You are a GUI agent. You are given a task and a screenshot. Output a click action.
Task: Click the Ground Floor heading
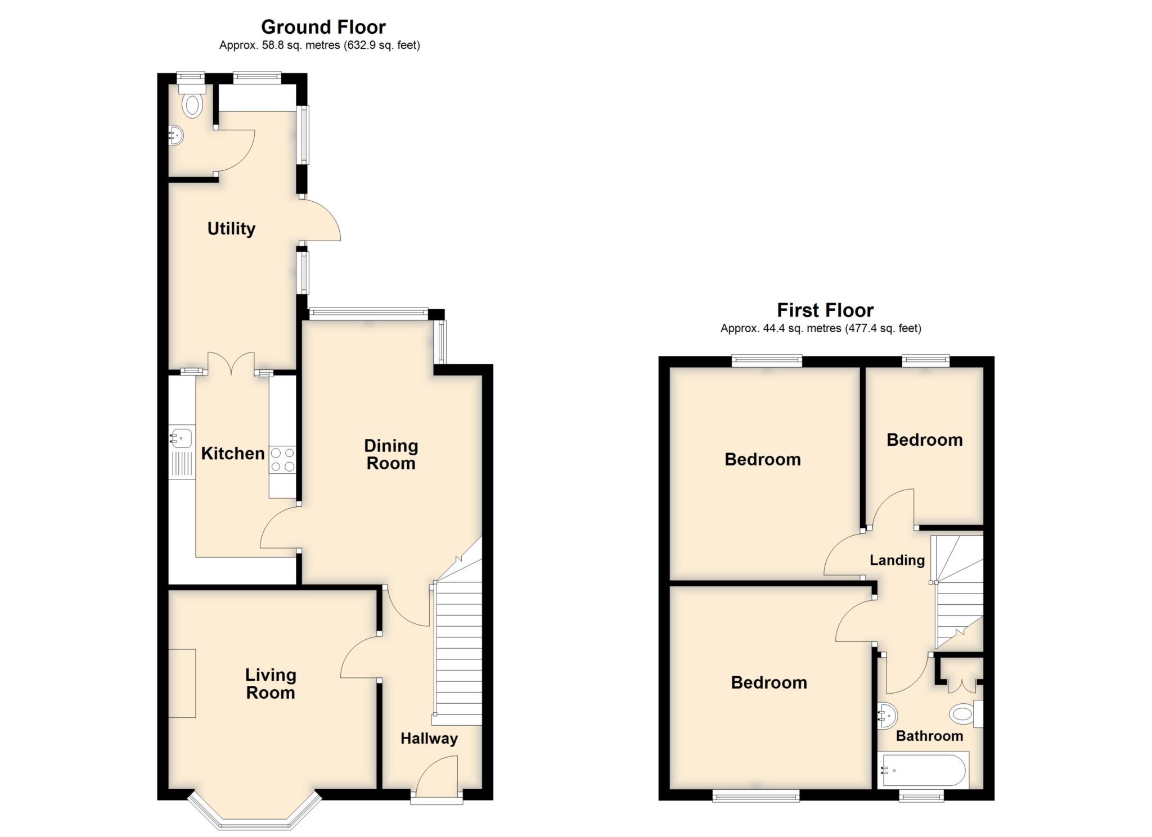pyautogui.click(x=323, y=27)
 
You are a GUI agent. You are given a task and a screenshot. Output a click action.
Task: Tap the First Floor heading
pyautogui.click(x=825, y=310)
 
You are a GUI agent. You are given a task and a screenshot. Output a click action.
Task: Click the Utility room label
pyautogui.click(x=231, y=229)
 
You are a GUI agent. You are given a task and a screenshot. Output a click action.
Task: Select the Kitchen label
pyautogui.click(x=233, y=454)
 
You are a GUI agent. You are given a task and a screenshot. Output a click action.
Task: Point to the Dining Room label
pyautogui.click(x=391, y=454)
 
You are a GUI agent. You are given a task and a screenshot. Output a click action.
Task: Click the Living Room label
pyautogui.click(x=271, y=684)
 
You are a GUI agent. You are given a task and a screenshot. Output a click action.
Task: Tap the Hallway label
pyautogui.click(x=429, y=739)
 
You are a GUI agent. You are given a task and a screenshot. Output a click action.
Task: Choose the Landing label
pyautogui.click(x=897, y=560)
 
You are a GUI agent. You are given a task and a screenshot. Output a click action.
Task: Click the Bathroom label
pyautogui.click(x=929, y=736)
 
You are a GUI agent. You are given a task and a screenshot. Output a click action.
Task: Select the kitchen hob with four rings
pyautogui.click(x=282, y=459)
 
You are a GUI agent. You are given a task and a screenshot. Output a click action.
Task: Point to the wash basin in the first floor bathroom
pyautogui.click(x=887, y=716)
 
